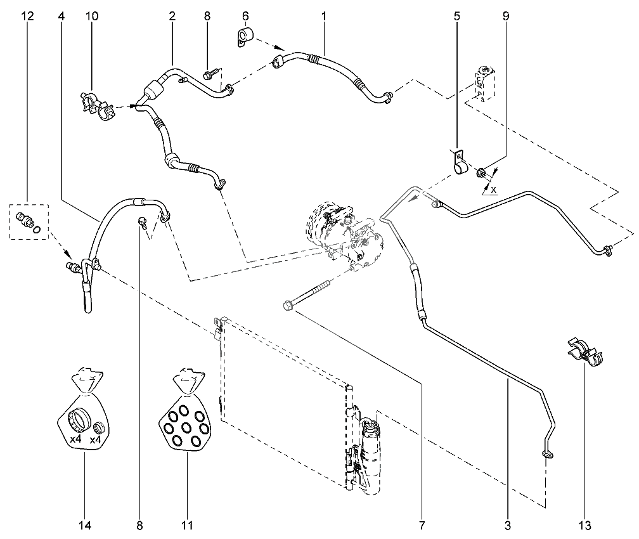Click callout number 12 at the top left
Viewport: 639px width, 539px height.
pyautogui.click(x=28, y=16)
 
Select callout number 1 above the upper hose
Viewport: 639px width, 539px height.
pyautogui.click(x=324, y=16)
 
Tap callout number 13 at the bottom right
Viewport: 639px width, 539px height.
pyautogui.click(x=584, y=526)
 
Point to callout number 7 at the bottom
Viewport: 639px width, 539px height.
pyautogui.click(x=422, y=526)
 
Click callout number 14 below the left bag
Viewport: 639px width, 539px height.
pyautogui.click(x=85, y=526)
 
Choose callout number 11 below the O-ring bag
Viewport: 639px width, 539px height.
pyautogui.click(x=187, y=526)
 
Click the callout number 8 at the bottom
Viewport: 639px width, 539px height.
pyautogui.click(x=139, y=526)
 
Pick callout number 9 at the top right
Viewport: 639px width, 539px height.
pyautogui.click(x=506, y=16)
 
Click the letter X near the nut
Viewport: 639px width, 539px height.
pyautogui.click(x=493, y=190)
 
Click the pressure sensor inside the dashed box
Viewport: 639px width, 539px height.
pyautogui.click(x=25, y=221)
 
